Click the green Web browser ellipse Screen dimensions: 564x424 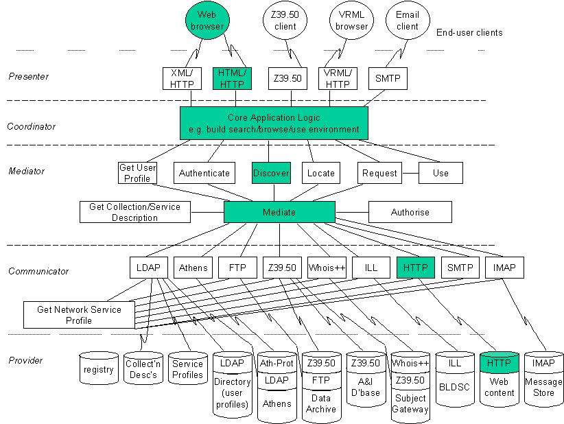pyautogui.click(x=207, y=20)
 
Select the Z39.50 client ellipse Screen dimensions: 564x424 pyautogui.click(x=285, y=20)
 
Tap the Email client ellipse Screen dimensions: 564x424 pyautogui.click(x=408, y=20)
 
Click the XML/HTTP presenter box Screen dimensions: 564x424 pyautogui.click(x=182, y=78)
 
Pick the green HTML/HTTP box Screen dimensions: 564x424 pyautogui.click(x=232, y=78)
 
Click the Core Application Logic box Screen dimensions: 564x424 pyautogui.click(x=274, y=123)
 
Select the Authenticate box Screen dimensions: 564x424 pyautogui.click(x=204, y=173)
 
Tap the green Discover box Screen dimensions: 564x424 pyautogui.click(x=271, y=173)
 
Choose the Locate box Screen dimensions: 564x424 pyautogui.click(x=321, y=173)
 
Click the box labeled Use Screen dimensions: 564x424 pyautogui.click(x=440, y=173)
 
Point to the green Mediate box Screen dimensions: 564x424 pyautogui.click(x=279, y=212)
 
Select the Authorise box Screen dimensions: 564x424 pyautogui.click(x=410, y=212)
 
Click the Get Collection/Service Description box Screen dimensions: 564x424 pyautogui.click(x=135, y=212)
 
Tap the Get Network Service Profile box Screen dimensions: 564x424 pyautogui.click(x=79, y=315)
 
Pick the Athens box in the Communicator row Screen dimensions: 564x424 pyautogui.click(x=193, y=268)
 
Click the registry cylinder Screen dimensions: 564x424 pyautogui.click(x=99, y=368)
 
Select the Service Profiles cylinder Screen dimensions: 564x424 pyautogui.click(x=187, y=368)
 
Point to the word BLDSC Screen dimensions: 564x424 pyautogui.click(x=454, y=387)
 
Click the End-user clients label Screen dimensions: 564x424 pyautogui.click(x=469, y=32)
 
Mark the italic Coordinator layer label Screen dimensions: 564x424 pyautogui.click(x=32, y=126)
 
